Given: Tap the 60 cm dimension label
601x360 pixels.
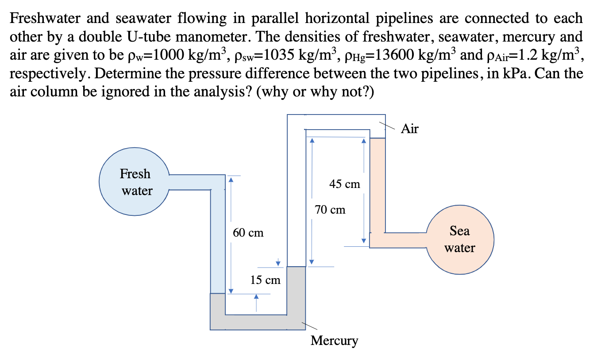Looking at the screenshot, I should click(248, 232).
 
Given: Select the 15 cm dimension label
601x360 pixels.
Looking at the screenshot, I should click(265, 280).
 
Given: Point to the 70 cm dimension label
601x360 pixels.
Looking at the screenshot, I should click(330, 210).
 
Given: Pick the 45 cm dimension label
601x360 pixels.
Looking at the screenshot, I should click(345, 184).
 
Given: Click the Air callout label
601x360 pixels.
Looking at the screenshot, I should click(409, 129).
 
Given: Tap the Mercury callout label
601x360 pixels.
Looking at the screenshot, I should click(334, 341).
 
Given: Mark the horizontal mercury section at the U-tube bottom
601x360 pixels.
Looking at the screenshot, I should click(257, 322).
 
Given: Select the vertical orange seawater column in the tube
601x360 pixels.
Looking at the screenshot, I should click(377, 186).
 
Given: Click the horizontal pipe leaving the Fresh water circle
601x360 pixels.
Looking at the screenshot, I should click(190, 182).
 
